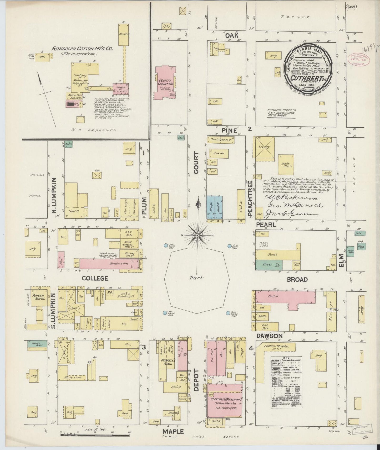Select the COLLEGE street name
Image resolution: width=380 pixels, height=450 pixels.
(x=95, y=278)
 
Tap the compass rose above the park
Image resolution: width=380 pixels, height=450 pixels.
(x=197, y=236)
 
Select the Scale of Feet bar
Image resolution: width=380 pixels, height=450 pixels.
(x=96, y=435)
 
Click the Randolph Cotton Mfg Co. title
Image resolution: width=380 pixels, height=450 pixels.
(x=74, y=49)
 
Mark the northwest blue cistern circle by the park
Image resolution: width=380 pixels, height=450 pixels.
(x=166, y=245)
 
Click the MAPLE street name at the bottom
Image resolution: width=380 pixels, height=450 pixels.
(x=173, y=431)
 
